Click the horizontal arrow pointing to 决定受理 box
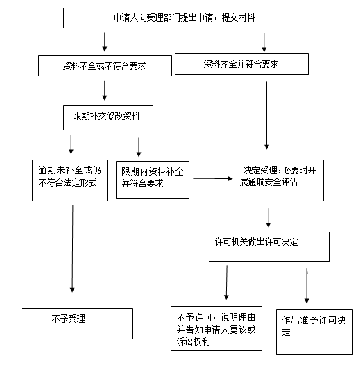(213, 178)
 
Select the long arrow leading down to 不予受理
(72, 248)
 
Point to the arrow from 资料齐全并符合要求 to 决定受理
(266, 115)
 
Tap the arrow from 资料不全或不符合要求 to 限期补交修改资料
(105, 90)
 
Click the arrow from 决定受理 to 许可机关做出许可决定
(268, 218)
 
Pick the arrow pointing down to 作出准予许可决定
(307, 286)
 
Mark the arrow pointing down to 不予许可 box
(226, 282)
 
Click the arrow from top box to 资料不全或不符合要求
(105, 42)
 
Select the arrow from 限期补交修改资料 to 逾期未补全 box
(71, 144)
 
